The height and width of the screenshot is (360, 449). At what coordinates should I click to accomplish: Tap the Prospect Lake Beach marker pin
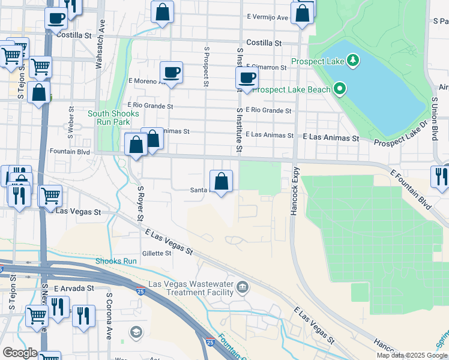coord(340,90)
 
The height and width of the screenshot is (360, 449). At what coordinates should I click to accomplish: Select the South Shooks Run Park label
coord(113,118)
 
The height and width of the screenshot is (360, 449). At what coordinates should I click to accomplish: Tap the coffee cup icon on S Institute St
coord(247,77)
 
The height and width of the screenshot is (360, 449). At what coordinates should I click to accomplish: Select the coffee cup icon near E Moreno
coord(171,73)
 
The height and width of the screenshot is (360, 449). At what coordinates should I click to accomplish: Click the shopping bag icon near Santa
coord(221,180)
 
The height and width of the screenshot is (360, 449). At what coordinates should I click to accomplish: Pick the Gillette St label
coord(157,253)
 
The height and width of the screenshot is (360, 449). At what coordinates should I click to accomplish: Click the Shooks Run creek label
coord(116,261)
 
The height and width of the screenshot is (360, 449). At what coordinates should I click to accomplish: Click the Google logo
coord(19,353)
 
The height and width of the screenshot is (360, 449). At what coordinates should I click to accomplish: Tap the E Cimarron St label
coord(269,67)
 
